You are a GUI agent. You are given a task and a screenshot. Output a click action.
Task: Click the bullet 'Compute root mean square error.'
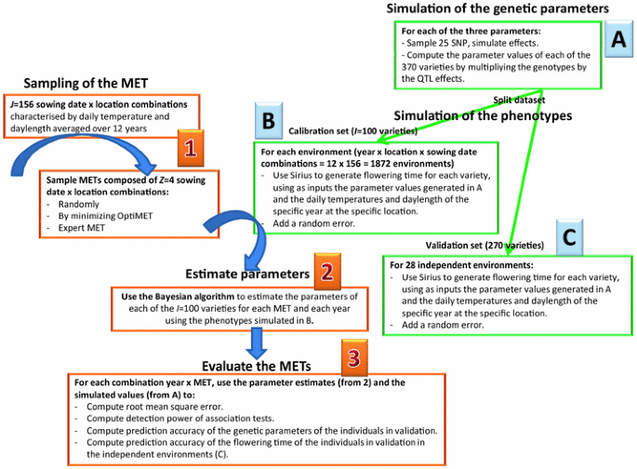pos(156,407)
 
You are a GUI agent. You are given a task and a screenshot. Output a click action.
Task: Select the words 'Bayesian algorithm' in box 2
pos(200,296)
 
